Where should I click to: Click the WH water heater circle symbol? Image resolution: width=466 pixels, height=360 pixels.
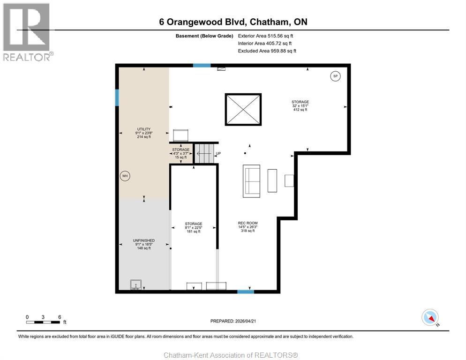pyautogui.click(x=125, y=176)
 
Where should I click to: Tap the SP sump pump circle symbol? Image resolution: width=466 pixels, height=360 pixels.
pyautogui.click(x=335, y=76)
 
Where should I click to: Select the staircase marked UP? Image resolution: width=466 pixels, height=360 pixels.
pyautogui.click(x=204, y=154)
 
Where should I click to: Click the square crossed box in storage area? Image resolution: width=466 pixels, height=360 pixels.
pyautogui.click(x=243, y=110)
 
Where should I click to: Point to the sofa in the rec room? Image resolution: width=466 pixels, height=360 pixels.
pyautogui.click(x=251, y=180)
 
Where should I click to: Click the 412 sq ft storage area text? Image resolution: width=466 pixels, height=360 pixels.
pyautogui.click(x=300, y=105)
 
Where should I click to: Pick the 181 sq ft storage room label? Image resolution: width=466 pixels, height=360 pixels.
pyautogui.click(x=193, y=227)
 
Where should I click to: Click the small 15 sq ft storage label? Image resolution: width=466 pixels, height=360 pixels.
pyautogui.click(x=180, y=153)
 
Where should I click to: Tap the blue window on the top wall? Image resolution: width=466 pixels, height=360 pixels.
pyautogui.click(x=202, y=66)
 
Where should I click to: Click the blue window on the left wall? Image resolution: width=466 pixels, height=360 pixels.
pyautogui.click(x=117, y=97)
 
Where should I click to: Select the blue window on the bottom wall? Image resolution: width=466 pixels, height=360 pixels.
pyautogui.click(x=245, y=292)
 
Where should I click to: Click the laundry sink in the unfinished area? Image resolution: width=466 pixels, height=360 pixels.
pyautogui.click(x=135, y=285)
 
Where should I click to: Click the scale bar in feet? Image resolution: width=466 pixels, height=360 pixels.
pyautogui.click(x=43, y=322)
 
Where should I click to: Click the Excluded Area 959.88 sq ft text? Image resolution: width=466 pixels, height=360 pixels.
pyautogui.click(x=267, y=51)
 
